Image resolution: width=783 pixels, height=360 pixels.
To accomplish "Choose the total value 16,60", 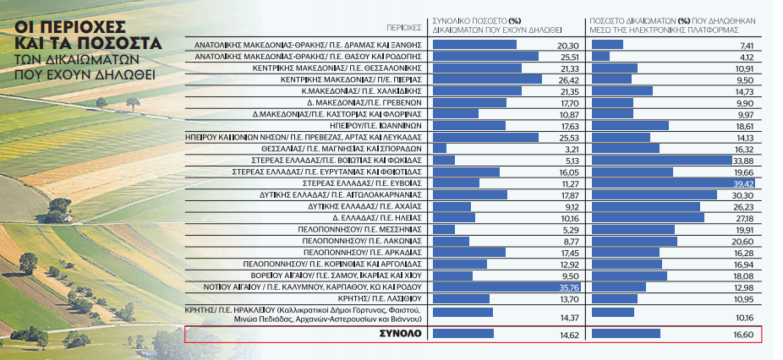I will click(743, 334).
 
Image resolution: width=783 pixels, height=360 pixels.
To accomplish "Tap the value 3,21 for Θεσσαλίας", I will click(570, 147).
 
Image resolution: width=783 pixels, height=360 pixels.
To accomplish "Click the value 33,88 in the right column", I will click(744, 159).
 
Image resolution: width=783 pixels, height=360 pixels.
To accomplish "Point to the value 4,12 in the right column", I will click(746, 56).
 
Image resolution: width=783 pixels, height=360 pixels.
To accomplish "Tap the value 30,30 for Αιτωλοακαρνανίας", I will click(744, 194).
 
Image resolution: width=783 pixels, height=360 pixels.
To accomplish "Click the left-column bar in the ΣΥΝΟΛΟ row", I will click(463, 334).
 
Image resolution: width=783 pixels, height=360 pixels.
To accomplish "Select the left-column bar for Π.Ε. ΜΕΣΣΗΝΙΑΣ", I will click(444, 229).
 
